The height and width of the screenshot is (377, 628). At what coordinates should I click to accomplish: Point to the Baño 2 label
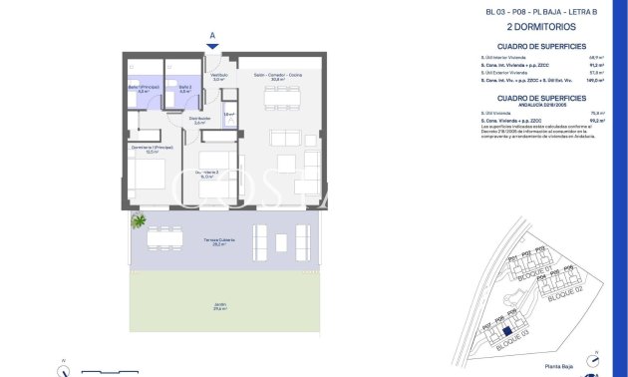[x=184, y=89]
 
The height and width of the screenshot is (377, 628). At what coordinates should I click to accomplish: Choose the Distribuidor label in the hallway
[x=199, y=121]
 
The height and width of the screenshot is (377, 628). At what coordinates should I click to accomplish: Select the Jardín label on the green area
[x=218, y=307]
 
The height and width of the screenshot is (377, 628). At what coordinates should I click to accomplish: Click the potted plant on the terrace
[x=139, y=220]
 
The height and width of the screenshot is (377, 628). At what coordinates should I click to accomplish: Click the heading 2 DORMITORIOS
[x=545, y=27]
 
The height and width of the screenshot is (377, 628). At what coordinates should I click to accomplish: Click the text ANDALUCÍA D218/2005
[x=541, y=105]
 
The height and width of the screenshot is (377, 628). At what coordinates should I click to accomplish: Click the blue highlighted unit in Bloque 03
[x=506, y=333]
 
